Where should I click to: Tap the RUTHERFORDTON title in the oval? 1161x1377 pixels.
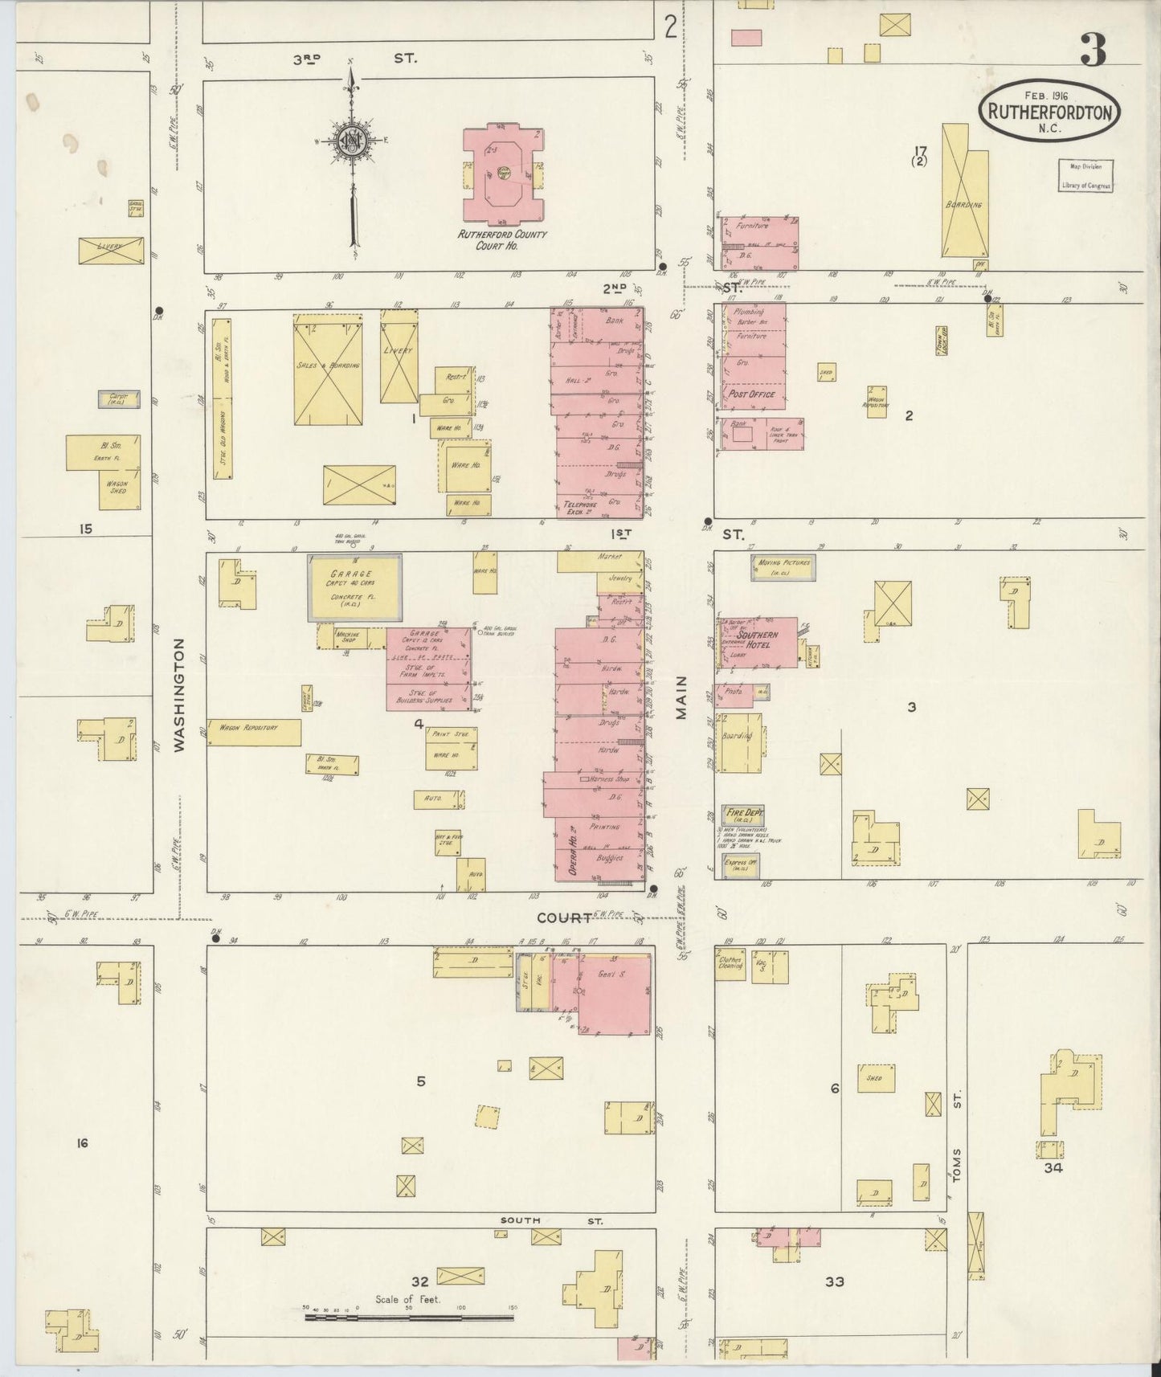click(1049, 112)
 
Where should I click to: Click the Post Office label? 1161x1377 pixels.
click(750, 394)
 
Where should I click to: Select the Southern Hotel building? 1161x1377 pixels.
click(758, 642)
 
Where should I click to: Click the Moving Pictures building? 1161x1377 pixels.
click(783, 567)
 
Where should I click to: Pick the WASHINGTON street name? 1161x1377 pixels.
click(179, 695)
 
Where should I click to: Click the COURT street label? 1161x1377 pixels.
click(565, 917)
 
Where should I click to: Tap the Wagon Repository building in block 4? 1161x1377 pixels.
click(254, 731)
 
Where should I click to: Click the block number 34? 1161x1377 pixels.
click(1053, 1167)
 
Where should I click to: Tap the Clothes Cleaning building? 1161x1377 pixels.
click(730, 965)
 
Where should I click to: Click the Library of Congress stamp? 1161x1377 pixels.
click(1085, 175)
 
